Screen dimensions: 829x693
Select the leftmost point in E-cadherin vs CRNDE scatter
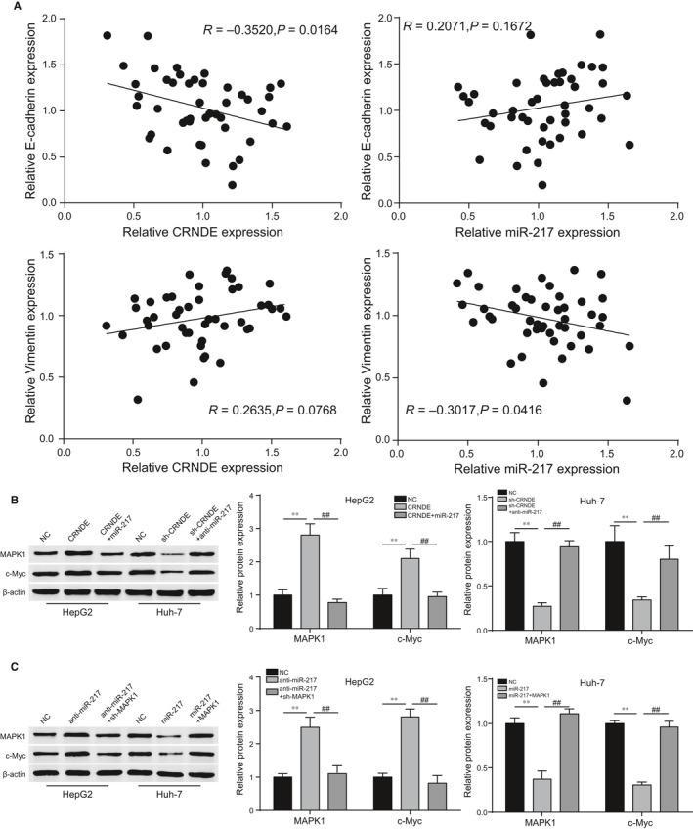click(107, 36)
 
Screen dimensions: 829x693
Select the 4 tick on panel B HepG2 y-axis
click(253, 497)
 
